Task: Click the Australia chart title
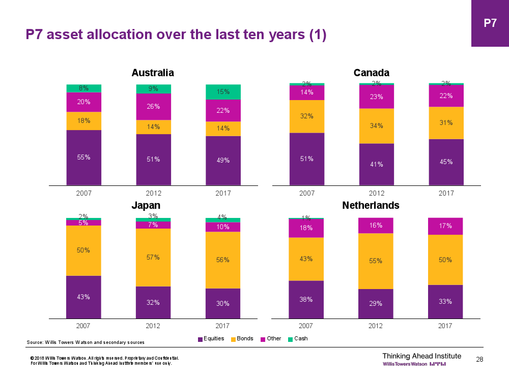pyautogui.click(x=153, y=73)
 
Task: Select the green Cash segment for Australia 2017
pyautogui.click(x=223, y=92)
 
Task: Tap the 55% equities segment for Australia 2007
pyautogui.click(x=84, y=157)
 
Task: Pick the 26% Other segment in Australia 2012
pyautogui.click(x=153, y=107)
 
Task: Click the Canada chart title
pyautogui.click(x=372, y=73)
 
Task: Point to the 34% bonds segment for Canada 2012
pyautogui.click(x=377, y=126)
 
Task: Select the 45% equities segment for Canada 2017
pyautogui.click(x=446, y=162)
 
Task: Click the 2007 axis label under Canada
pyautogui.click(x=307, y=193)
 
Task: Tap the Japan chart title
pyautogui.click(x=146, y=205)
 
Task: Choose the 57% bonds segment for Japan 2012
pyautogui.click(x=153, y=258)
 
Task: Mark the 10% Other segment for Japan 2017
pyautogui.click(x=223, y=227)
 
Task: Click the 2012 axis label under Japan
pyautogui.click(x=153, y=326)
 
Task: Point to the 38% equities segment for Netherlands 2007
pyautogui.click(x=306, y=300)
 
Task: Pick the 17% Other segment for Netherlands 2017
pyautogui.click(x=446, y=226)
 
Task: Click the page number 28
pyautogui.click(x=479, y=360)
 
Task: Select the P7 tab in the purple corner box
pyautogui.click(x=490, y=23)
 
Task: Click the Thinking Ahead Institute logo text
pyautogui.click(x=421, y=356)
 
